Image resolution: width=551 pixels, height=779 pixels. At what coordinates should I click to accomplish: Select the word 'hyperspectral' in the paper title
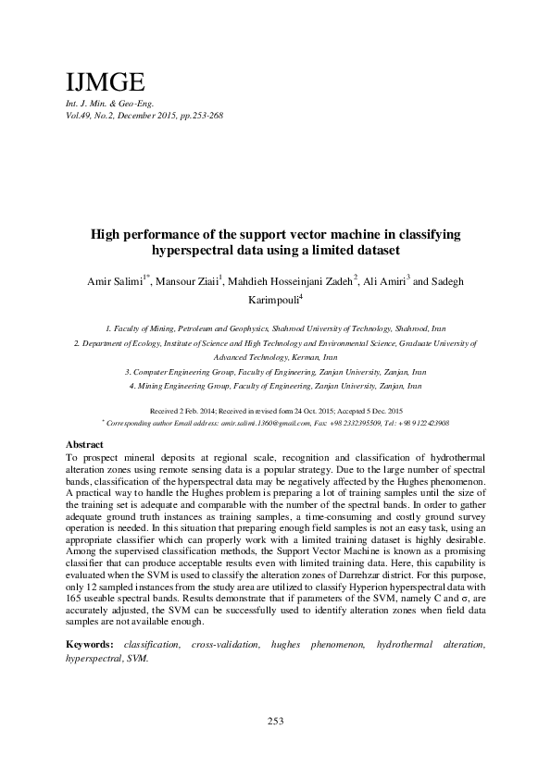tap(193, 250)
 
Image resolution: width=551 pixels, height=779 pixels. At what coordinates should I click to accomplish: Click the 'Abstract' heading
tap(87, 444)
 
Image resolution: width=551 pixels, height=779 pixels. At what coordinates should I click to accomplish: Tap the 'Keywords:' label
tap(91, 643)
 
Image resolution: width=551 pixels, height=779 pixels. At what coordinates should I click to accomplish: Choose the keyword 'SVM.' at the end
tap(138, 658)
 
